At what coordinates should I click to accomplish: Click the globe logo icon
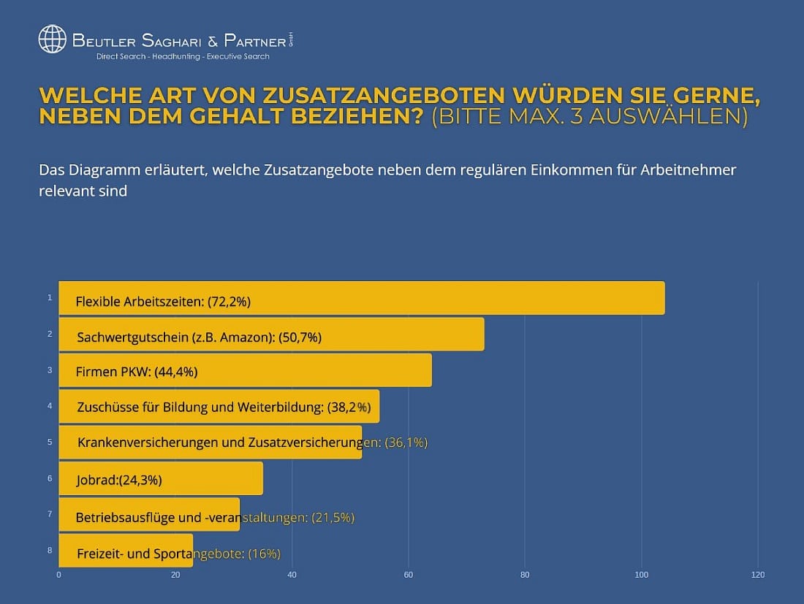pyautogui.click(x=52, y=39)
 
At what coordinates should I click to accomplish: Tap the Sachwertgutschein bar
pyautogui.click(x=402, y=335)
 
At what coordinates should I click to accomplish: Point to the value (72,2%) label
pyautogui.click(x=233, y=301)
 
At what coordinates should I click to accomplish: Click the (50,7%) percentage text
pyautogui.click(x=300, y=337)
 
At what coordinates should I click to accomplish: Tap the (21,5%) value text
pyautogui.click(x=333, y=518)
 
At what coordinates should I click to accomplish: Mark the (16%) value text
pyautogui.click(x=265, y=554)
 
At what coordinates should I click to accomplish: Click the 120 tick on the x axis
pyautogui.click(x=758, y=576)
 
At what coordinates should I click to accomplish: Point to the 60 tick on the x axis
pyautogui.click(x=409, y=576)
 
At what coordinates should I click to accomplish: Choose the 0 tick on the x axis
pyautogui.click(x=58, y=576)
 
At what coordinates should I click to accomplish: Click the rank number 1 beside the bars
pyautogui.click(x=50, y=297)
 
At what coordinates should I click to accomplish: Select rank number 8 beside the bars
pyautogui.click(x=50, y=550)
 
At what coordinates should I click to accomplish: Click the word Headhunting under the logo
pyautogui.click(x=175, y=56)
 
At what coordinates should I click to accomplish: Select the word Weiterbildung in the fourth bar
pyautogui.click(x=281, y=408)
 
